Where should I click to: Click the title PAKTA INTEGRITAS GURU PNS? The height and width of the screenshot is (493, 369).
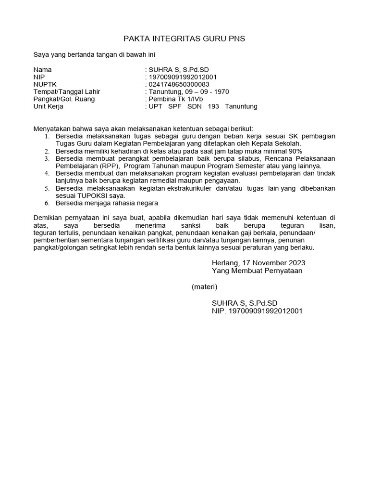point(184,39)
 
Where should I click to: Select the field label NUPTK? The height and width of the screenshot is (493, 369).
point(44,84)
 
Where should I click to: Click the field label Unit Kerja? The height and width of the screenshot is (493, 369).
point(48,106)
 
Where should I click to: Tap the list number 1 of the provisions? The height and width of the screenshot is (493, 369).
point(47,137)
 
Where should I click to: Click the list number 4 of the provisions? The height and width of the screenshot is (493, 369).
point(47,173)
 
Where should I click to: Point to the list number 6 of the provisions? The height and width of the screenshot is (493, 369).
point(47,203)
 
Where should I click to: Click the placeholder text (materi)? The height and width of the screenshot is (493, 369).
point(204,287)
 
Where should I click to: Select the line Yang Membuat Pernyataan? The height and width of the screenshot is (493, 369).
point(257,271)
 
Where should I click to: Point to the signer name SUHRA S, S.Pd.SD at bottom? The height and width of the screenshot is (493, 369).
point(245,303)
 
